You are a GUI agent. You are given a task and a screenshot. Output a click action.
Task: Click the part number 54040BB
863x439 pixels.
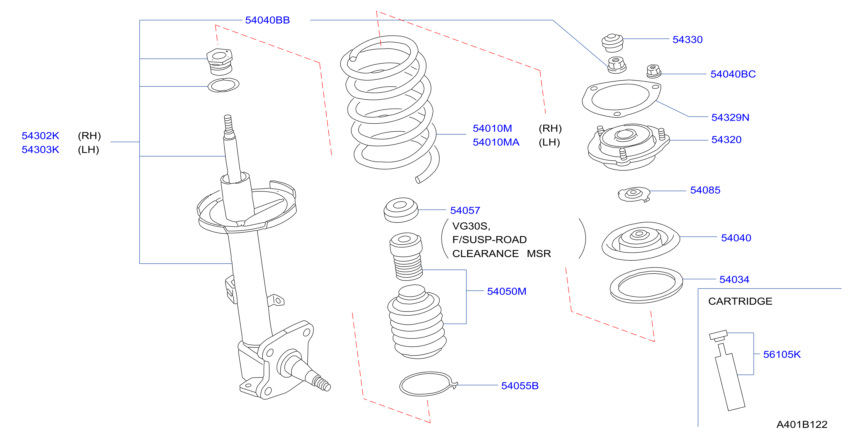pyautogui.click(x=267, y=20)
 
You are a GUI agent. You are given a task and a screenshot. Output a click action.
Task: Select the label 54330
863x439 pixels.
pyautogui.click(x=687, y=40)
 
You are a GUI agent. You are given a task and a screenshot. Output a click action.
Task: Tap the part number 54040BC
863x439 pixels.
pyautogui.click(x=733, y=74)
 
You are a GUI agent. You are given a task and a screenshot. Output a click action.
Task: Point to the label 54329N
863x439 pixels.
pyautogui.click(x=730, y=117)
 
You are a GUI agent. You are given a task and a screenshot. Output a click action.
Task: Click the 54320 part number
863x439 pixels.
pyautogui.click(x=726, y=140)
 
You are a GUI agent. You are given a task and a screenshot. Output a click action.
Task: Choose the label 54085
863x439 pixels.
pyautogui.click(x=705, y=190)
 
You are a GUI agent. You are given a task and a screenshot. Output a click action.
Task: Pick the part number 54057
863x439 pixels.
pyautogui.click(x=465, y=210)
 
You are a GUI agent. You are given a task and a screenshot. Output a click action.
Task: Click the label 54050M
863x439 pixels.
pyautogui.click(x=507, y=291)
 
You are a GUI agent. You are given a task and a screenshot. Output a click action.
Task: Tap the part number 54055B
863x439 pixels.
pyautogui.click(x=520, y=386)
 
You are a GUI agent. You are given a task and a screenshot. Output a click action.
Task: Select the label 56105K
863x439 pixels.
pyautogui.click(x=782, y=354)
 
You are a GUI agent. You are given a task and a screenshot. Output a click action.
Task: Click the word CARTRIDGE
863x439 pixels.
pyautogui.click(x=740, y=301)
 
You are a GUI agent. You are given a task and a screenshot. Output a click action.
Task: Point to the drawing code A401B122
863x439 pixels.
pyautogui.click(x=802, y=424)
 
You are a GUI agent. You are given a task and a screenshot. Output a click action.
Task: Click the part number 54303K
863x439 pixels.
pyautogui.click(x=40, y=150)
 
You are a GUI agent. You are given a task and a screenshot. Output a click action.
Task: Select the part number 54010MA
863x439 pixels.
pyautogui.click(x=496, y=142)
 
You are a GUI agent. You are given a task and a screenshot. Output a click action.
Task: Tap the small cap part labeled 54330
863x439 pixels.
pyautogui.click(x=612, y=43)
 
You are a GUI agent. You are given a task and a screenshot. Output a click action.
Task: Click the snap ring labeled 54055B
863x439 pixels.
pyautogui.click(x=428, y=384)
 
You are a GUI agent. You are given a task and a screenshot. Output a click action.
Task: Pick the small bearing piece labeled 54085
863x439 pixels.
pyautogui.click(x=634, y=195)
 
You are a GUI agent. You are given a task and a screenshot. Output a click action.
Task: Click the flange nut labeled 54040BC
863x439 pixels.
pyautogui.click(x=653, y=71)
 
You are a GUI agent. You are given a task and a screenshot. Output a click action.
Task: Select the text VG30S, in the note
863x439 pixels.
pyautogui.click(x=471, y=226)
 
